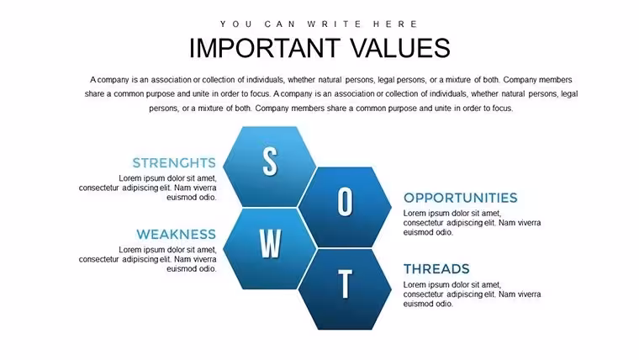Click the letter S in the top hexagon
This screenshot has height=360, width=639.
[x=270, y=161]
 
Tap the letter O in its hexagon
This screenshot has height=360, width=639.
[x=345, y=201]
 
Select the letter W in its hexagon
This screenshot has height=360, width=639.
[x=270, y=243]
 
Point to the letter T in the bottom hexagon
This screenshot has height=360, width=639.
[x=346, y=283]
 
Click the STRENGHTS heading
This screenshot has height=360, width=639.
[x=174, y=163]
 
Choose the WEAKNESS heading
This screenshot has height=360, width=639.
[x=176, y=235]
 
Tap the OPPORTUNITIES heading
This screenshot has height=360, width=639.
[x=461, y=198]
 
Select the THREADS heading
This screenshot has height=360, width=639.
[x=436, y=269]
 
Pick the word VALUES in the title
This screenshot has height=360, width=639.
[x=400, y=48]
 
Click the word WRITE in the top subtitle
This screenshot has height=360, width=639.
[x=334, y=24]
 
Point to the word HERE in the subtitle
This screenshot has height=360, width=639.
[x=395, y=24]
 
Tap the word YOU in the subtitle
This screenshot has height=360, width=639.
[x=236, y=24]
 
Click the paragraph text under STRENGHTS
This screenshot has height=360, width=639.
[x=147, y=188]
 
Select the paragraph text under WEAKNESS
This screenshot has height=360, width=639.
[x=147, y=259]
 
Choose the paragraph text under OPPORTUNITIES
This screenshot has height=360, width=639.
[x=472, y=223]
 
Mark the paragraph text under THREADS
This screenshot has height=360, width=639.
[x=472, y=294]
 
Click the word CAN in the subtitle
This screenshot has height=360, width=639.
[x=280, y=24]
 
